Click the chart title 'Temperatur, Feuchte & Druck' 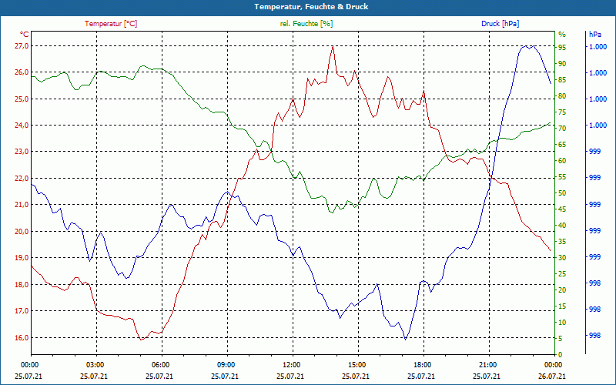[x=308, y=7]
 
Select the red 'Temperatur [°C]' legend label [x=111, y=24]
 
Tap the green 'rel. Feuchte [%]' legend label [x=306, y=24]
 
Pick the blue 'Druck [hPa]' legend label [x=500, y=24]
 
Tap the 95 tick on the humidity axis [x=562, y=47]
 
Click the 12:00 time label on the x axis [x=291, y=364]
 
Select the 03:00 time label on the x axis [x=95, y=364]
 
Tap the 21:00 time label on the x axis [x=487, y=364]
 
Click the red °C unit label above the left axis [x=25, y=35]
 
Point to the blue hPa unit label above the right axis [x=595, y=35]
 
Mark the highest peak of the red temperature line [x=333, y=45]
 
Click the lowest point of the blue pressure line [x=405, y=339]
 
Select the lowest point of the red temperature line [x=141, y=339]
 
